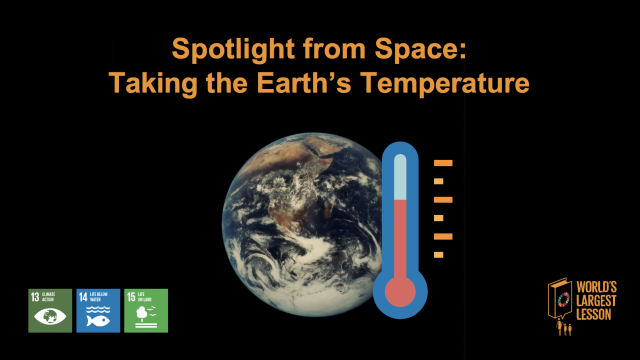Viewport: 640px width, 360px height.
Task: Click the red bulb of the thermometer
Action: click(400, 291)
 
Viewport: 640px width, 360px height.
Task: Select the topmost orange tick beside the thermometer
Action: click(443, 163)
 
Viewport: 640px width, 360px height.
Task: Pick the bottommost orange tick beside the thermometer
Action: click(439, 255)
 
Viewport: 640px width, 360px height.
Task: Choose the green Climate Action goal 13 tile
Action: click(50, 311)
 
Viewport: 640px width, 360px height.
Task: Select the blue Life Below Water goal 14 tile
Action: click(98, 311)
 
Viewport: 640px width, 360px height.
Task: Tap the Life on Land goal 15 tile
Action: click(146, 311)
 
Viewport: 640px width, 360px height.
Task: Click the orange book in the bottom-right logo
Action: click(560, 300)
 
